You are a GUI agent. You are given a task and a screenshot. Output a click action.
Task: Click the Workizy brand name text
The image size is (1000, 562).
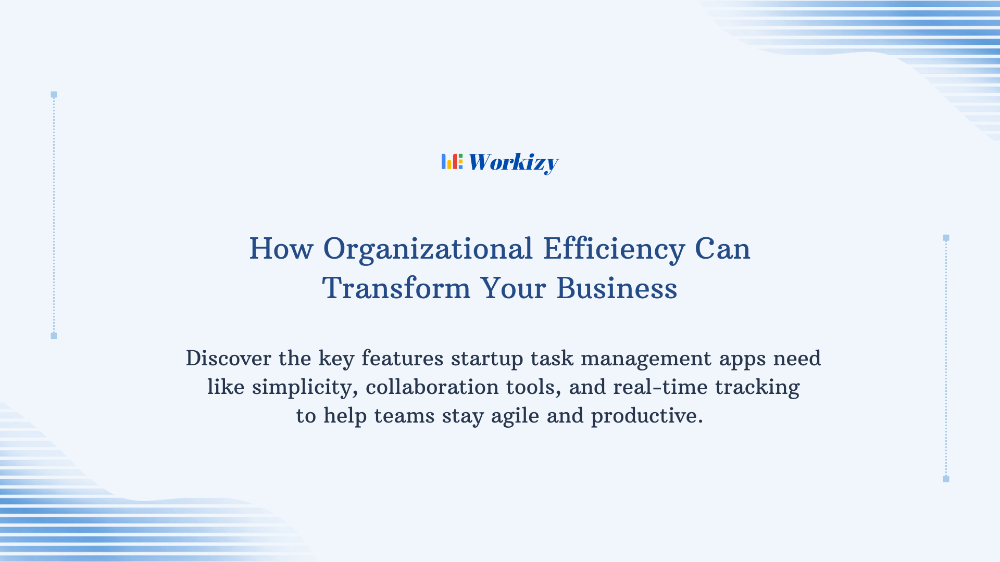pyautogui.click(x=513, y=162)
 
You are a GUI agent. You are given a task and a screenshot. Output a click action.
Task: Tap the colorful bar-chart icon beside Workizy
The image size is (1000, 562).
pyautogui.click(x=452, y=162)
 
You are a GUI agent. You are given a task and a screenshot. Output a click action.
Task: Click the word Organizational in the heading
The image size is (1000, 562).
pyautogui.click(x=428, y=249)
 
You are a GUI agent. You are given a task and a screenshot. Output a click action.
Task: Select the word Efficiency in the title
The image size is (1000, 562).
pyautogui.click(x=614, y=249)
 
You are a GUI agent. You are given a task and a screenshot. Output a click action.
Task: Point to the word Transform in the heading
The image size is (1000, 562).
pyautogui.click(x=396, y=288)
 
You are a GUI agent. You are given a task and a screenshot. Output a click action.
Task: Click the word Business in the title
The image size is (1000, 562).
pyautogui.click(x=617, y=288)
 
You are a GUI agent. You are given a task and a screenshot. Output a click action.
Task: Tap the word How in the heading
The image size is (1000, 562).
pyautogui.click(x=281, y=249)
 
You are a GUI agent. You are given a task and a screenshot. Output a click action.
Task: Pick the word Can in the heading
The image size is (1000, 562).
pyautogui.click(x=722, y=249)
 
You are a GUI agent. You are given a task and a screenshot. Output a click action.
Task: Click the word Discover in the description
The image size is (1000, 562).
pyautogui.click(x=229, y=359)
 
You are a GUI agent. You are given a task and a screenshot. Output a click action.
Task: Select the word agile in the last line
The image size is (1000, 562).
pyautogui.click(x=515, y=416)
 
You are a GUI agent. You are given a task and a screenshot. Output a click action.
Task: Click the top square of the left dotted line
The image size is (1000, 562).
pyautogui.click(x=54, y=95)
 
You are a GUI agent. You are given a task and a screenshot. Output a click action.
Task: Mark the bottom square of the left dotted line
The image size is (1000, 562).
pyautogui.click(x=54, y=336)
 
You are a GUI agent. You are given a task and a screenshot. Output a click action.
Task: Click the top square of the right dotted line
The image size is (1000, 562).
pyautogui.click(x=946, y=238)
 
